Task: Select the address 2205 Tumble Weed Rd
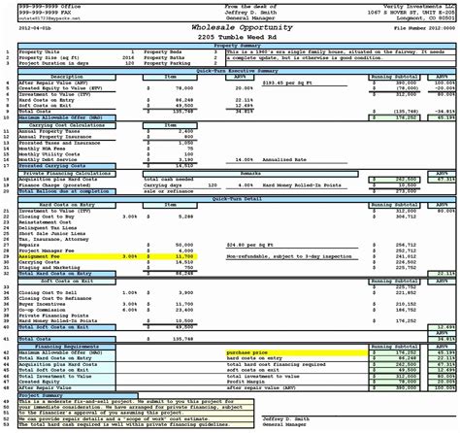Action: pos(229,37)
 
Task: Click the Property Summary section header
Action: pos(229,45)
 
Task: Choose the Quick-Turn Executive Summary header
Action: pos(229,69)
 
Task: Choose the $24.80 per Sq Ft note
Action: pos(250,246)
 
